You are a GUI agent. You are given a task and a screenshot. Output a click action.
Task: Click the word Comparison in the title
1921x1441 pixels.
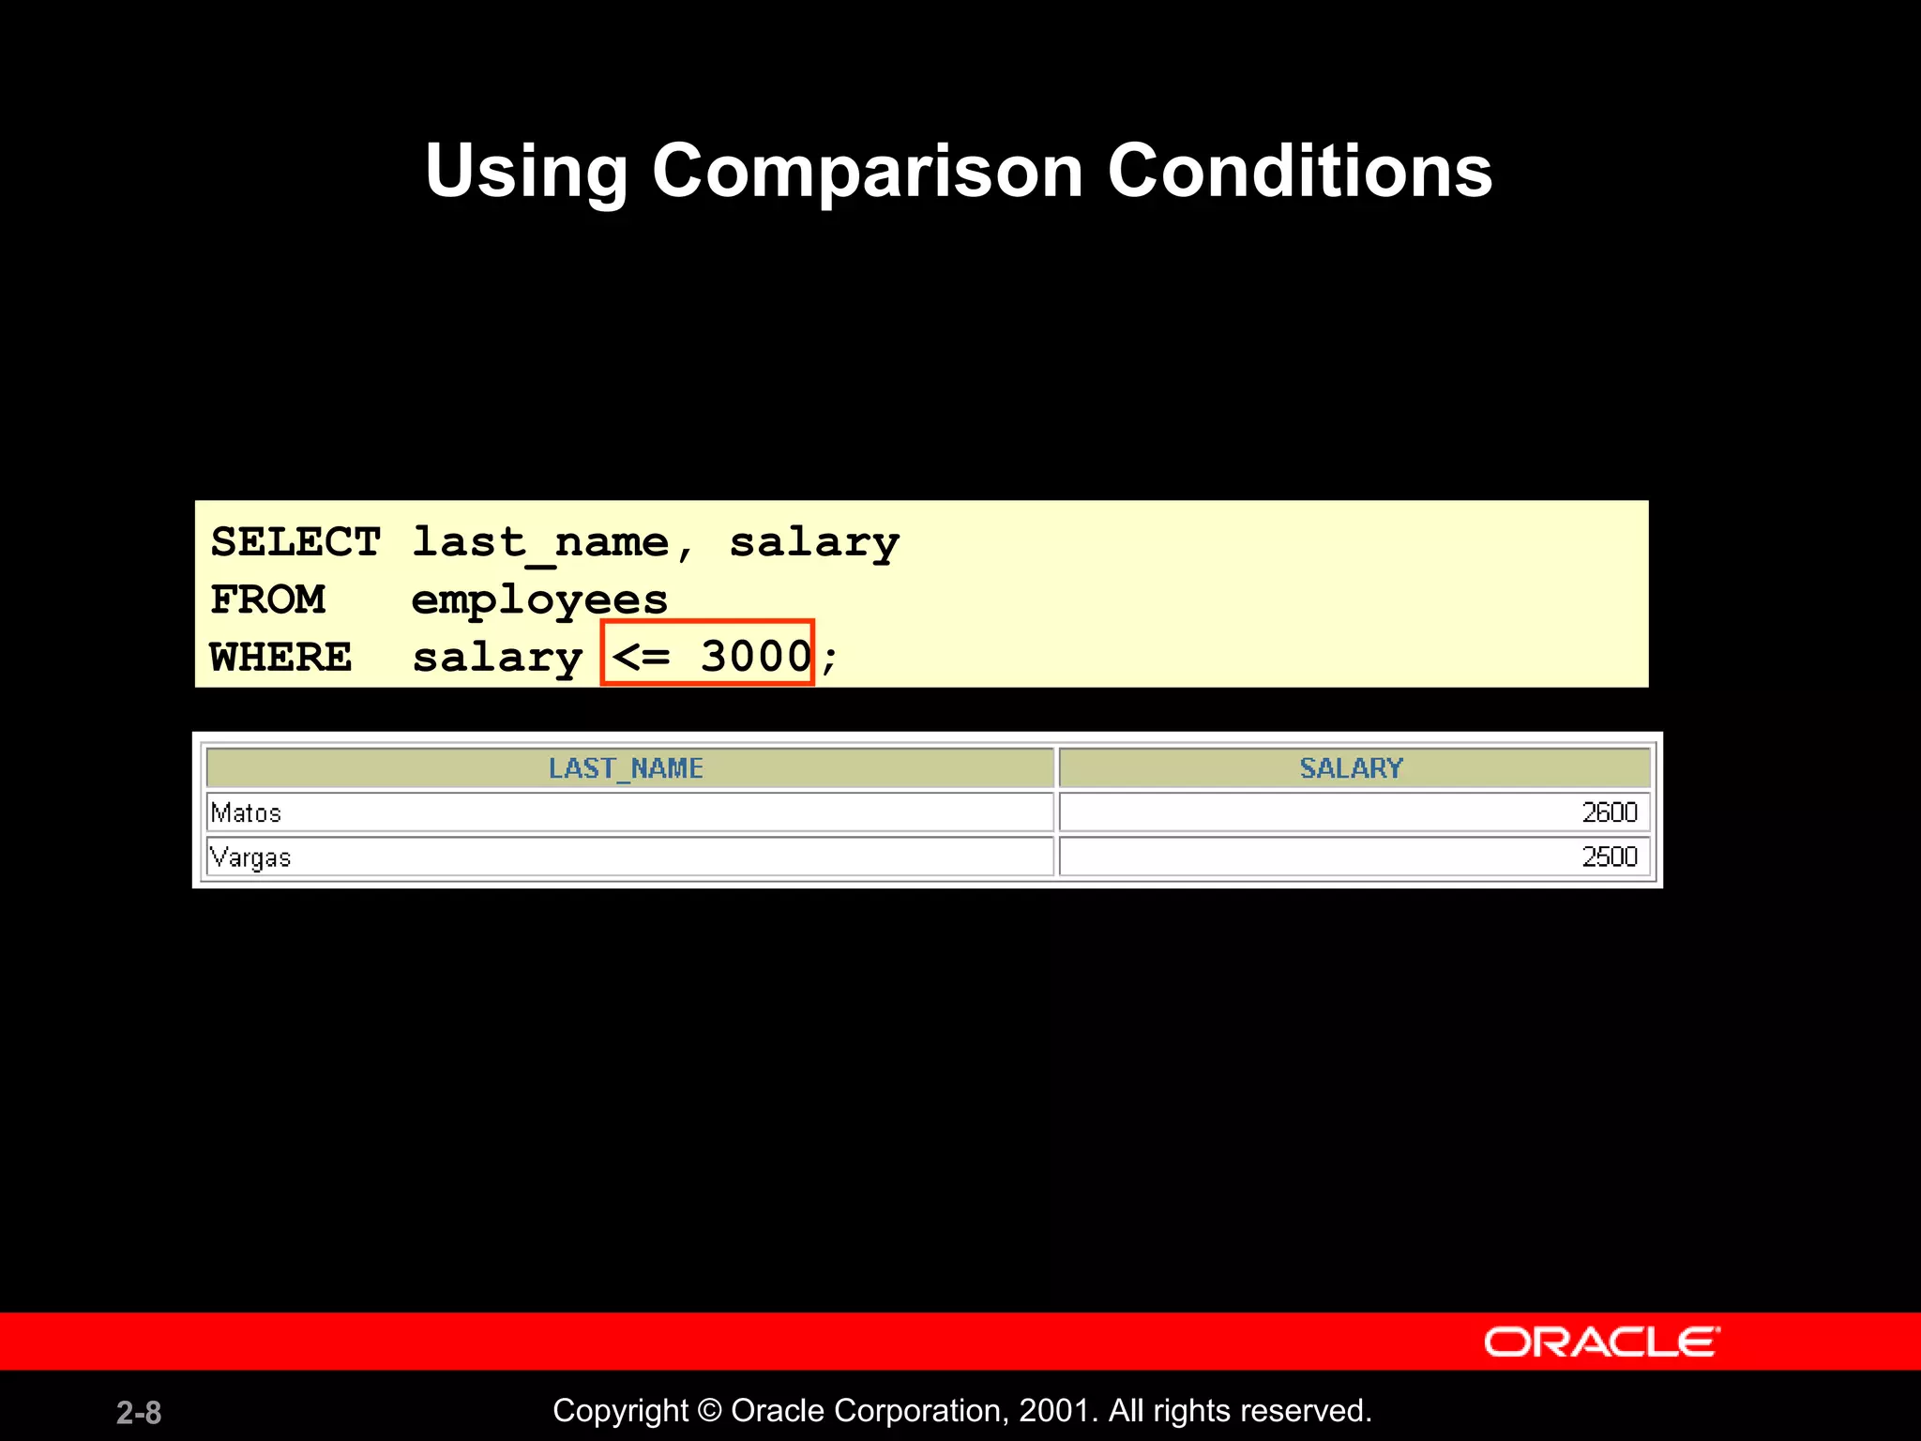[x=868, y=172]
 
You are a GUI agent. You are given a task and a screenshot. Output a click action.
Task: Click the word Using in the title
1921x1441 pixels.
[x=526, y=172]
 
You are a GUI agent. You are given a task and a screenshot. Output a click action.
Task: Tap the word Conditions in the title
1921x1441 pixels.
[x=1299, y=172]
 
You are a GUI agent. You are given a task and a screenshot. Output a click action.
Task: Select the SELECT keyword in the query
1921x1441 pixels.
[x=295, y=542]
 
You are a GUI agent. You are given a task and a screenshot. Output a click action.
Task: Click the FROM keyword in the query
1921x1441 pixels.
[x=268, y=600]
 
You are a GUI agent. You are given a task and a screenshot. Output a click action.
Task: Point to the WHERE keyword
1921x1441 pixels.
[x=281, y=657]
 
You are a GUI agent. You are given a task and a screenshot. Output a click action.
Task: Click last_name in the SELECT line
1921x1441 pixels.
[x=540, y=542]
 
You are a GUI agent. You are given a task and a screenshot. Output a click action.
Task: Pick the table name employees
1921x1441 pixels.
[x=539, y=600]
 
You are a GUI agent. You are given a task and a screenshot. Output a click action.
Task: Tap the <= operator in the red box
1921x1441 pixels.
[x=642, y=656]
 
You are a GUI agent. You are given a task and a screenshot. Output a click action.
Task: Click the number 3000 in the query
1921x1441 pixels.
[x=756, y=656]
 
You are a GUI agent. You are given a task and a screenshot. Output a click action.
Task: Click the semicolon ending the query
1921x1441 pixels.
[x=829, y=659]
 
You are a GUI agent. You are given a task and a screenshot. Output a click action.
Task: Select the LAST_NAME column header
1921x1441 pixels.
[x=626, y=768]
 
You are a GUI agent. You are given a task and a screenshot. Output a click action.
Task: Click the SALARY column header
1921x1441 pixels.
[x=1351, y=768]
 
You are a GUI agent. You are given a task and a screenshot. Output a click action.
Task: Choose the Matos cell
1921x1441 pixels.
[x=246, y=812]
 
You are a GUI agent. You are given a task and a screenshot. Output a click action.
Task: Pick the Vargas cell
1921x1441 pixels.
[x=250, y=857]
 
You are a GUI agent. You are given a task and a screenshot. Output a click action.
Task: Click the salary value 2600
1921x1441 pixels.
[x=1609, y=812]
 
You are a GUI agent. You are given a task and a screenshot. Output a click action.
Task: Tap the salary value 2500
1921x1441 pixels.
[x=1609, y=857]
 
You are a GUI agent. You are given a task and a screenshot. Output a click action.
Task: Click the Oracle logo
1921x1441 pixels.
[x=1601, y=1342]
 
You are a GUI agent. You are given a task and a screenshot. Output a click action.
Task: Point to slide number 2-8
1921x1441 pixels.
[x=139, y=1413]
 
